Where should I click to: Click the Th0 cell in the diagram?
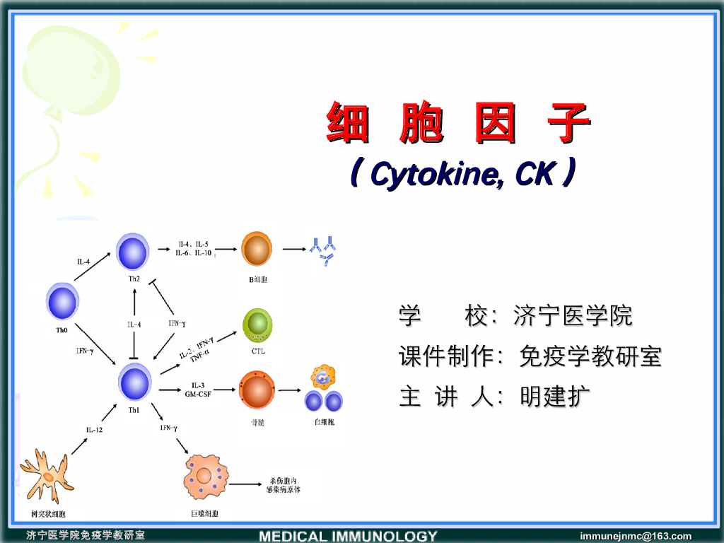pyautogui.click(x=62, y=302)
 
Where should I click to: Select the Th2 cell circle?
pyautogui.click(x=133, y=252)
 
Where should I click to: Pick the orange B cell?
pyautogui.click(x=256, y=249)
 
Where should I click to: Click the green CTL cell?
pyautogui.click(x=257, y=325)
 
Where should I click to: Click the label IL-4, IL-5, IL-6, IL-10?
pyautogui.click(x=193, y=249)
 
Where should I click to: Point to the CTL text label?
pyautogui.click(x=257, y=351)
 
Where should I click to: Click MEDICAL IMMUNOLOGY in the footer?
pyautogui.click(x=348, y=536)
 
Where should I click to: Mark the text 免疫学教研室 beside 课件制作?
pyautogui.click(x=590, y=356)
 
